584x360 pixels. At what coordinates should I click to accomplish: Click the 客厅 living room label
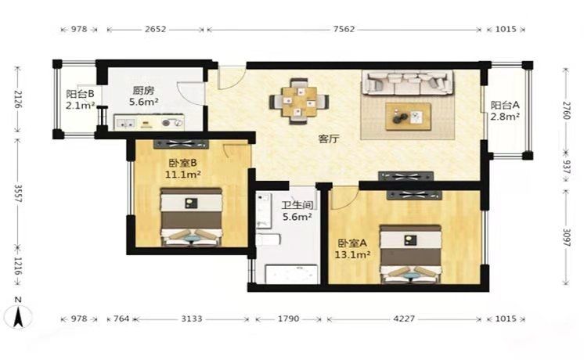329,139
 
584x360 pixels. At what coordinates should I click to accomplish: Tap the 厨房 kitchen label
143,91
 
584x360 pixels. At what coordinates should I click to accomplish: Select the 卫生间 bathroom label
297,205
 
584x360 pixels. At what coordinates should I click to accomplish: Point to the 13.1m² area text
352,255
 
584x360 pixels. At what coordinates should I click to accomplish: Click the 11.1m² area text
183,175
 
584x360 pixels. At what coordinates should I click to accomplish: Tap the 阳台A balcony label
505,106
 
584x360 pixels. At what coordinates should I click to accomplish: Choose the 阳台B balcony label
80,94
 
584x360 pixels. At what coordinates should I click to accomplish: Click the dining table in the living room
299,101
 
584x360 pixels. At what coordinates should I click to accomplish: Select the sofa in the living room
408,83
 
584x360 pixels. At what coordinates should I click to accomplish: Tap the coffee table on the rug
408,117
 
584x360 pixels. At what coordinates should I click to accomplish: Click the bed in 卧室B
192,217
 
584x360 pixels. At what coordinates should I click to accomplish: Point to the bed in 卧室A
410,254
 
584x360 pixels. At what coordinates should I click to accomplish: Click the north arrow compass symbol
18,315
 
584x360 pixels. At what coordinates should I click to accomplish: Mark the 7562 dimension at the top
344,29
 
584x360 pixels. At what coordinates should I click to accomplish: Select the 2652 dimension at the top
155,29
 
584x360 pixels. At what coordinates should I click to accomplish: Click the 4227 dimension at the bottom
404,319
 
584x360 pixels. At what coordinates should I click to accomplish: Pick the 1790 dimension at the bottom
289,319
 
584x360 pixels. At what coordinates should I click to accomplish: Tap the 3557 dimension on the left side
17,193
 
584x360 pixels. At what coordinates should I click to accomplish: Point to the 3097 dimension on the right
566,237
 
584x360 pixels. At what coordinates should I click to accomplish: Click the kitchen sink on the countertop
125,123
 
